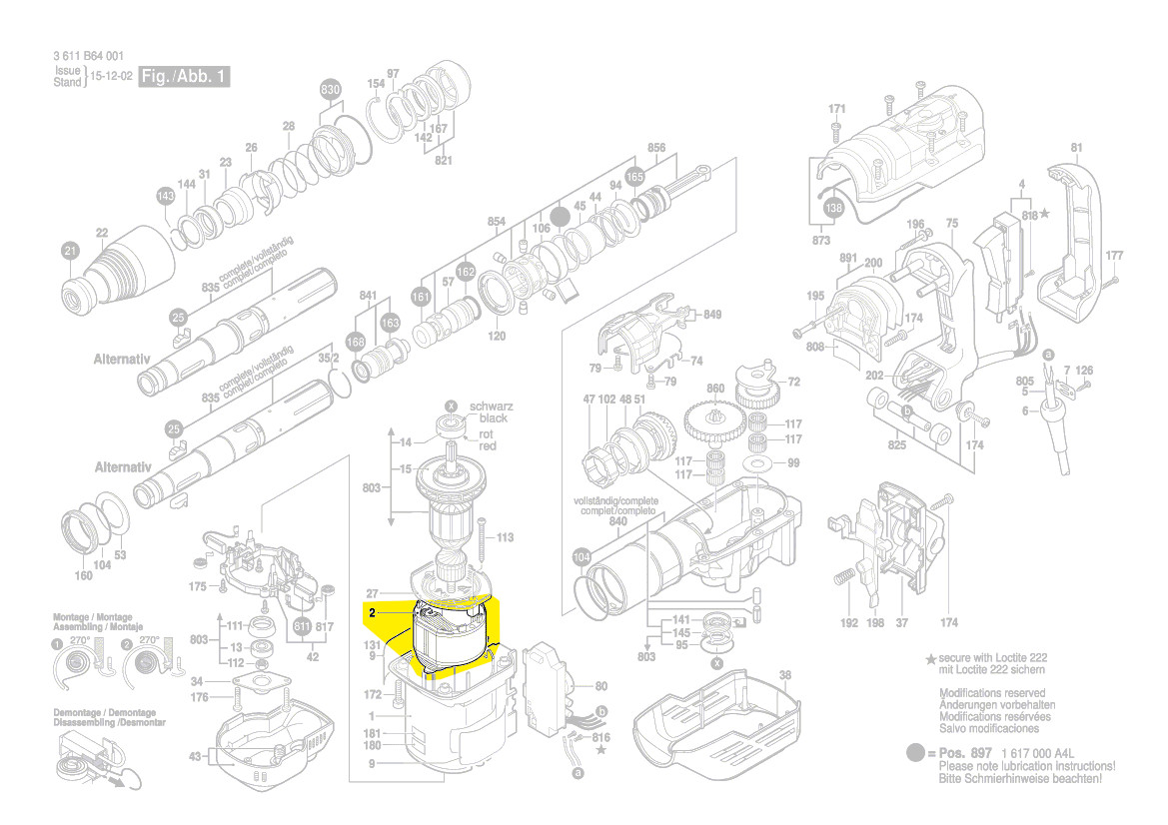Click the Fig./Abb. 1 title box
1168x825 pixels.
pos(185,76)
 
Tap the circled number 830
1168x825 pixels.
pos(330,90)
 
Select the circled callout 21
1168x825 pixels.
pos(69,251)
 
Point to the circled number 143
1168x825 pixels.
pos(165,197)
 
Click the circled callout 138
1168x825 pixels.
pos(833,209)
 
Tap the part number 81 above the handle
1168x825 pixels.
pos(1076,149)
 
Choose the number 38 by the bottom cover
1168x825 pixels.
pos(784,674)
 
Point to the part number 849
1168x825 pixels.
pos(711,315)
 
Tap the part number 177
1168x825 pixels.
pos(1115,256)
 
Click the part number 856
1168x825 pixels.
pos(656,148)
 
